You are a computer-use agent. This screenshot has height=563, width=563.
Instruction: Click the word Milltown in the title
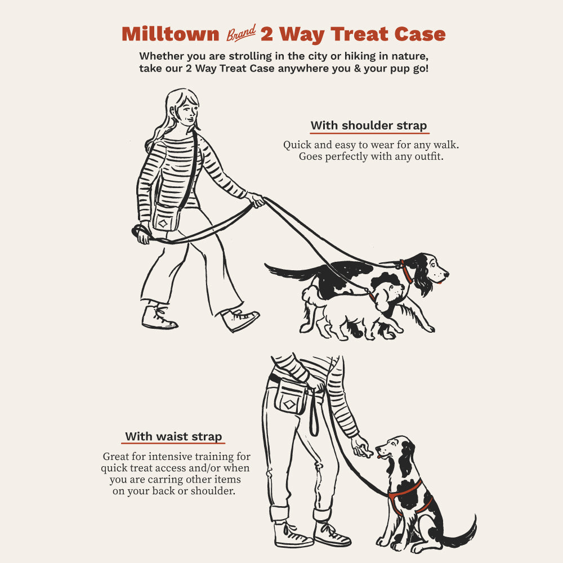(x=170, y=34)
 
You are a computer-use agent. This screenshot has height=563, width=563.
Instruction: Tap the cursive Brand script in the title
(x=241, y=33)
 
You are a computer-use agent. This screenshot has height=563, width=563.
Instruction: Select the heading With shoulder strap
(x=369, y=126)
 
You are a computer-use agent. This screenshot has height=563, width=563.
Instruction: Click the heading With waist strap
(x=173, y=437)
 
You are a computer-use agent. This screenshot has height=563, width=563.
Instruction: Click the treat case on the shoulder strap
(x=165, y=218)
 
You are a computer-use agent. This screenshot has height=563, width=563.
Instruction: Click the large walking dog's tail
(x=292, y=272)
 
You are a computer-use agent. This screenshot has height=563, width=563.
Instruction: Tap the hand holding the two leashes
(x=256, y=200)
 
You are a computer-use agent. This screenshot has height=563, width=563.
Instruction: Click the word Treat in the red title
(x=359, y=34)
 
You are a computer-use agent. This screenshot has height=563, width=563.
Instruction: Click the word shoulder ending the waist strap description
(x=213, y=491)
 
